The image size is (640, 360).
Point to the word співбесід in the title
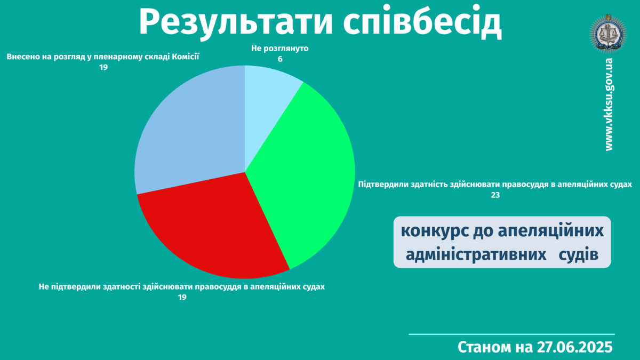(422, 22)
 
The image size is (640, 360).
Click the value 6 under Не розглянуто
(280, 59)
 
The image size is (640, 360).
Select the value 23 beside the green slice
(495, 195)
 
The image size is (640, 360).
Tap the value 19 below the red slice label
(182, 298)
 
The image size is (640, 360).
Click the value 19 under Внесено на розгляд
(103, 67)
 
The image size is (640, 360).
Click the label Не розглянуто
(279, 49)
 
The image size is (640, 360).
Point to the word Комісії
(185, 57)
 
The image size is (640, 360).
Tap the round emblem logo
(608, 34)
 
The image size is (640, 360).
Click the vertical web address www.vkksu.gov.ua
(609, 105)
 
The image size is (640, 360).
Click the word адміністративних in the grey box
(476, 254)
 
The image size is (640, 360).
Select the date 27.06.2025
(574, 347)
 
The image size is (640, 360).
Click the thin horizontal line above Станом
(511, 334)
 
